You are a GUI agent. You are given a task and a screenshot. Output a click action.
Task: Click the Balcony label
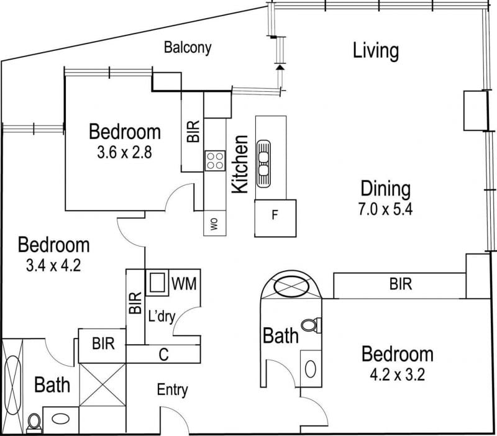pyautogui.click(x=188, y=48)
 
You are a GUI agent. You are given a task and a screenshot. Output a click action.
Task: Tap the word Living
pyautogui.click(x=376, y=51)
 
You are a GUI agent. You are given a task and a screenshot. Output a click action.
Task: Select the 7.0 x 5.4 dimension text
pyautogui.click(x=385, y=209)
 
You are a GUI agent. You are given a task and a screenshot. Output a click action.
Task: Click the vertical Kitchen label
pyautogui.click(x=240, y=164)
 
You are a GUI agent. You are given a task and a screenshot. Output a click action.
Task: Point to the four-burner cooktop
pyautogui.click(x=215, y=161)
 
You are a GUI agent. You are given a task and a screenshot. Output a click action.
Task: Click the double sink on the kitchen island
pyautogui.click(x=263, y=163)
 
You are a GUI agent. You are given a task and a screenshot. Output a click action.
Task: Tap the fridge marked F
pyautogui.click(x=275, y=218)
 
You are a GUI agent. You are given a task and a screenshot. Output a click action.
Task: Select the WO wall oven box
pyautogui.click(x=214, y=223)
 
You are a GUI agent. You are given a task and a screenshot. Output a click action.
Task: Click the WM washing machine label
pyautogui.click(x=184, y=283)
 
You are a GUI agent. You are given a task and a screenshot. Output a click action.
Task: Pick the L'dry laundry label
pyautogui.click(x=162, y=317)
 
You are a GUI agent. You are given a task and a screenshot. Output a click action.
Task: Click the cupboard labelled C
pyautogui.click(x=163, y=354)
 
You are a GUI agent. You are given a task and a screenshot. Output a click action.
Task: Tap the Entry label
pyautogui.click(x=173, y=390)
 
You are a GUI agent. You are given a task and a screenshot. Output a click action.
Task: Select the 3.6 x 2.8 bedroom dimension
pyautogui.click(x=125, y=152)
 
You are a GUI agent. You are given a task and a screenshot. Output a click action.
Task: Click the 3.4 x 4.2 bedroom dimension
pyautogui.click(x=53, y=265)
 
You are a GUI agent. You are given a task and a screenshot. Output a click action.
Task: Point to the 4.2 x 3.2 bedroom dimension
pyautogui.click(x=397, y=375)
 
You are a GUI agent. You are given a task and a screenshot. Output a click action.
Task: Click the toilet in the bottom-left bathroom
pyautogui.click(x=34, y=424)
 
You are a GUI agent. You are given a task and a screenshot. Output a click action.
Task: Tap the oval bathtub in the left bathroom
pyautogui.click(x=12, y=385)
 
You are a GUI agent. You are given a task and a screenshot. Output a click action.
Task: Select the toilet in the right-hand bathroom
pyautogui.click(x=311, y=325)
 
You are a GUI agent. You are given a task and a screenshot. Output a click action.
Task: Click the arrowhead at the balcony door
pyautogui.click(x=279, y=67)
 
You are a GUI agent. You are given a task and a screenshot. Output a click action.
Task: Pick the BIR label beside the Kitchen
pyautogui.click(x=193, y=132)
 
